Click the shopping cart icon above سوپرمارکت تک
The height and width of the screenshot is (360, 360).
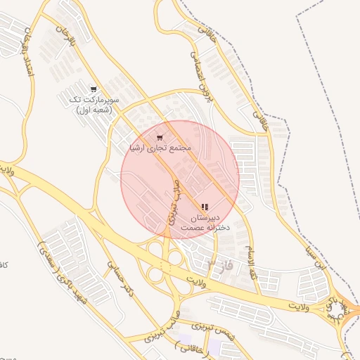[94, 89]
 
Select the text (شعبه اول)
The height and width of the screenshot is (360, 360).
[95, 110]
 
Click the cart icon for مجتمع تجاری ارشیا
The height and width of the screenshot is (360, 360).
[161, 137]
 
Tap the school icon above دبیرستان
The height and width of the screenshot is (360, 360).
[205, 207]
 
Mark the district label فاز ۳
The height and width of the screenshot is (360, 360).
[219, 265]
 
